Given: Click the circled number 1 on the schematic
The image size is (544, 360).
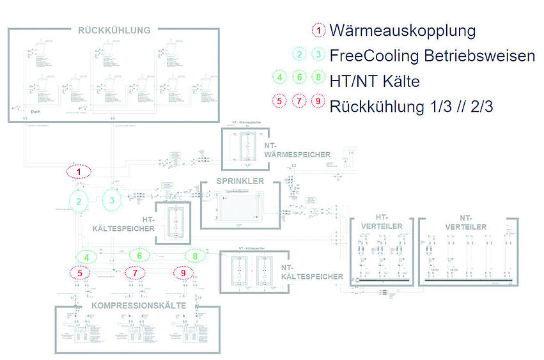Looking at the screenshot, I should (79, 172).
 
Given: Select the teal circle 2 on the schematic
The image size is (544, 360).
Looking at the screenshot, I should (79, 201).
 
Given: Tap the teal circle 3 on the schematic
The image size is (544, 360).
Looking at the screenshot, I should (113, 200).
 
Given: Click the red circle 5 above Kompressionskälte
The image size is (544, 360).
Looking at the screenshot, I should (79, 273).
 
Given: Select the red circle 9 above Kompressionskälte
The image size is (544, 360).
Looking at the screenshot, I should (184, 273).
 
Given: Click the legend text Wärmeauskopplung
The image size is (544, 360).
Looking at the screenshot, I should (403, 31).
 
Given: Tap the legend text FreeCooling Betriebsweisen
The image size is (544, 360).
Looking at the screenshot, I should (432, 56).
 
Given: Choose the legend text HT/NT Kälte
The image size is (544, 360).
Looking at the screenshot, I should (375, 80).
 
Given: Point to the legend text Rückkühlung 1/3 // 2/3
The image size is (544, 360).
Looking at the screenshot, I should (411, 106).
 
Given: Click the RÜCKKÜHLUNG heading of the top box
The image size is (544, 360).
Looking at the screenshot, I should (114, 30).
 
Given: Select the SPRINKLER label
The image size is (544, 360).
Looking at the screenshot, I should (240, 182).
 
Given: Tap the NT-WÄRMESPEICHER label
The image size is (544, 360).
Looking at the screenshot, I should (297, 150).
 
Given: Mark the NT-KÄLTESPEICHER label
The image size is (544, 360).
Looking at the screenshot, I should (312, 272).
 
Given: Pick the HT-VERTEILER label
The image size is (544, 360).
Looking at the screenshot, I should (382, 222).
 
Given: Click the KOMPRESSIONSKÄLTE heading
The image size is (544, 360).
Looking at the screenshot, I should (138, 306).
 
